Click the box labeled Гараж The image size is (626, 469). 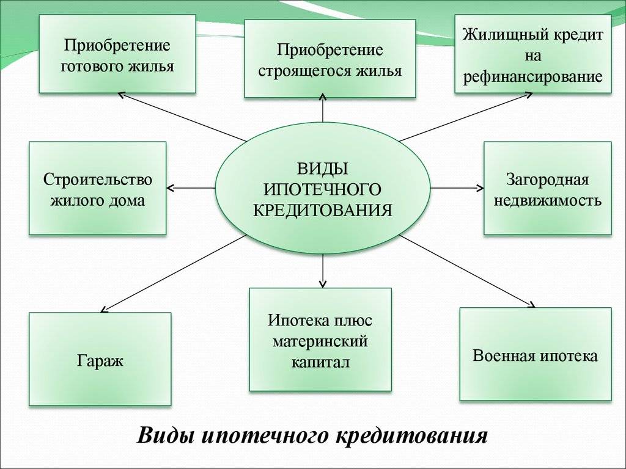[100, 360]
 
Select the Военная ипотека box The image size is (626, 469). [535, 355]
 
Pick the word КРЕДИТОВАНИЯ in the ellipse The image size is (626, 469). [322, 210]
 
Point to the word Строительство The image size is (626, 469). [98, 180]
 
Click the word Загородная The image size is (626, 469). [547, 180]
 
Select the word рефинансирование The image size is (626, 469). [533, 77]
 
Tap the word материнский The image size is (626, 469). [320, 341]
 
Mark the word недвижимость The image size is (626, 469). [547, 200]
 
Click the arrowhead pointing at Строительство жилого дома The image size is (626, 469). [169, 187]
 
